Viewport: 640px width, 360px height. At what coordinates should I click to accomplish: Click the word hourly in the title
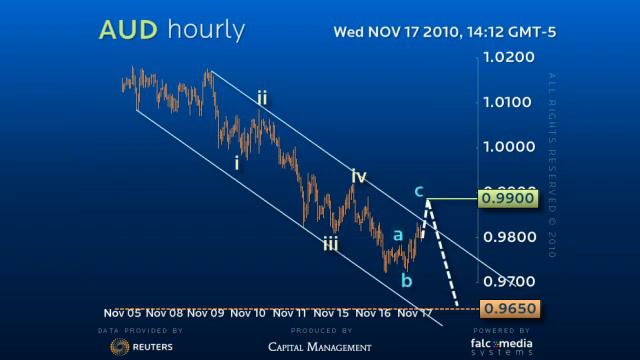[x=204, y=31]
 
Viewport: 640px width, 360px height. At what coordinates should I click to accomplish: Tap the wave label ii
[x=261, y=98]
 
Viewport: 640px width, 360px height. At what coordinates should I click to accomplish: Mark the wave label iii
[x=329, y=242]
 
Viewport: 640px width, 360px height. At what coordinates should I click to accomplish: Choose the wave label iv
[x=358, y=177]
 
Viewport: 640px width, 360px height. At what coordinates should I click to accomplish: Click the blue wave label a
[x=397, y=235]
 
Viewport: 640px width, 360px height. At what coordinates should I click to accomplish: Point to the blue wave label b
[x=406, y=280]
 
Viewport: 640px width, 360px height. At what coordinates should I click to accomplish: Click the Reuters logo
[x=139, y=346]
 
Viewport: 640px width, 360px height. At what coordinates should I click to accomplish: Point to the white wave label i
[x=237, y=162]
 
